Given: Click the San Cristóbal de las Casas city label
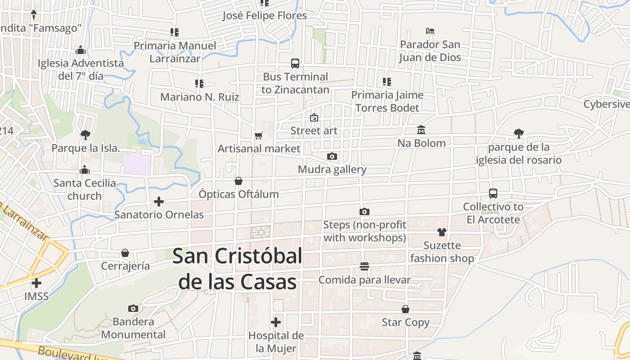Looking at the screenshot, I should coord(237,269).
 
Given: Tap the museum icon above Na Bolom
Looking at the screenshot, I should coord(421,130).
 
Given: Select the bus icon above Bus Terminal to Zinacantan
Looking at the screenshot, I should coord(295,63).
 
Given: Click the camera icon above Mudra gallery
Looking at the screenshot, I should coord(332,157).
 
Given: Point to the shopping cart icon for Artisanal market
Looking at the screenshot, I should coord(258,135).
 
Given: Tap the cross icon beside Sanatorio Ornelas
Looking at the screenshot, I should coord(159,202).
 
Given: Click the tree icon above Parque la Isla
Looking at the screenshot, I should coord(85,135).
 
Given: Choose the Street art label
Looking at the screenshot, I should coord(314,131).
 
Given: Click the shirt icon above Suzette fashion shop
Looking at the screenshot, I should coord(442,232).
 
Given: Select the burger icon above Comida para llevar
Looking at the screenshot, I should coord(364,266).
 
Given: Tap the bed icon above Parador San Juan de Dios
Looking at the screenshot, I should coord(430,31).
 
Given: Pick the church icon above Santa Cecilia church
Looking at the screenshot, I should coord(84,170).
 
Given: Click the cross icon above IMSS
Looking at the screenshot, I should coord(36,283).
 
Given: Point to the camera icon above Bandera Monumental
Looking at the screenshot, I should coord(133,308).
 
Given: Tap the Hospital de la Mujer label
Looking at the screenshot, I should coord(276,342).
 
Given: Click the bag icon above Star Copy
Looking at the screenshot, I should coord(405,309).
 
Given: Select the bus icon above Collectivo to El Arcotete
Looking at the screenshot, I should coord(493,193).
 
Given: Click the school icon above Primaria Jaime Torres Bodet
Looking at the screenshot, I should coord(387,82).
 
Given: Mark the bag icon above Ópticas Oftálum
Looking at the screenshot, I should coord(238,181).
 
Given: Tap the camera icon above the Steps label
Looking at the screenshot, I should coord(364,211).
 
